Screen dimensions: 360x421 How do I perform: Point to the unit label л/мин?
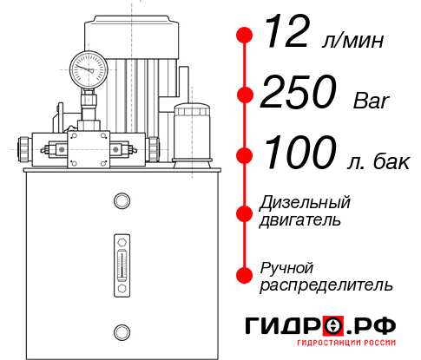point(352,40)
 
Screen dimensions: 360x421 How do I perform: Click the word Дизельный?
point(305,203)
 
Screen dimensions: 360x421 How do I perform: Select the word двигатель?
point(300,220)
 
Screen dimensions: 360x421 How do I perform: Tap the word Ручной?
point(286,266)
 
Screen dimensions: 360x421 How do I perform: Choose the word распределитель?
point(326,285)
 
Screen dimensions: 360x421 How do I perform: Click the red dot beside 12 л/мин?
point(245,36)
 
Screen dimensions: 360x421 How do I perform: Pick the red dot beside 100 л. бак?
point(245,155)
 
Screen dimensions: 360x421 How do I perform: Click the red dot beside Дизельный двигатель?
point(245,213)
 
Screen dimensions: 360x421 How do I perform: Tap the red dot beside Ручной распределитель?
point(245,275)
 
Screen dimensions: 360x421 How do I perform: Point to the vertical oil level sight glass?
point(121,260)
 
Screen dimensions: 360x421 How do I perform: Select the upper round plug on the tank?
point(121,202)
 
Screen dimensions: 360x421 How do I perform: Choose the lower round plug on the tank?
point(121,331)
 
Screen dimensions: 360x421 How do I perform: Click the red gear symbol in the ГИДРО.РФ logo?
point(334,326)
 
